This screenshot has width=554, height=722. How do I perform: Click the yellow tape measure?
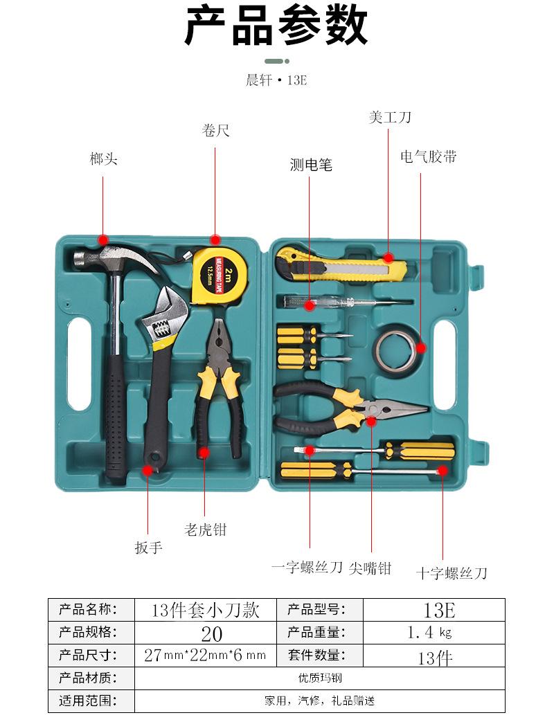coord(218,274)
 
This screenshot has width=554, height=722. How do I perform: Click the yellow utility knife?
coord(341,265)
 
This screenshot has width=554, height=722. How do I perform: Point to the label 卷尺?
coord(215,130)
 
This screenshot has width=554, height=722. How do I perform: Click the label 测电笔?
coord(311,164)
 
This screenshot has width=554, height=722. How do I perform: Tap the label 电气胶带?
coord(428,156)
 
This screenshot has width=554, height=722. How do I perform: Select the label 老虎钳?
coord(206,530)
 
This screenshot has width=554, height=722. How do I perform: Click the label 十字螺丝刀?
coord(452,573)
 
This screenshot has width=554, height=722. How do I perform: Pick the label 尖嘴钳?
coord(370,568)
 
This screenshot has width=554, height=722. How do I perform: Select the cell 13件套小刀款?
coord(206,610)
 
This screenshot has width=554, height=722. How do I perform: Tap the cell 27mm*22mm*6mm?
coord(206,655)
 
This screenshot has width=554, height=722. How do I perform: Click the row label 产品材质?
coord(87,678)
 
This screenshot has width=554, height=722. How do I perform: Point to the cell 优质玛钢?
coord(320,678)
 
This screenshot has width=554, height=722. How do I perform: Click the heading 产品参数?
coord(276,26)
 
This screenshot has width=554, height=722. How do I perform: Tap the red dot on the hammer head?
coord(103,240)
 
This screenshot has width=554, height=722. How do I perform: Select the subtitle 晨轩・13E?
coord(276,80)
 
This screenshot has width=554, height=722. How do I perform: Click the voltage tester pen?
coord(346,302)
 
